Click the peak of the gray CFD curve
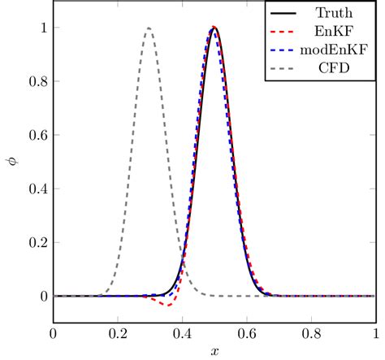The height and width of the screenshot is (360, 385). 149,29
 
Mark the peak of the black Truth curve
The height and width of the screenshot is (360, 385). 214,28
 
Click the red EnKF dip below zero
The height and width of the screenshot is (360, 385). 167,304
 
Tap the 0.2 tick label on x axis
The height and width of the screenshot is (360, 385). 117,333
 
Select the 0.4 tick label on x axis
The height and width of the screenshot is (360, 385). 182,333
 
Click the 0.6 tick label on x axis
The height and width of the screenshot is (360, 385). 246,333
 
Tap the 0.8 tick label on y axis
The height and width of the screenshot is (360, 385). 37,81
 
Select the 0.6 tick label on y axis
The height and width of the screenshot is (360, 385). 37,135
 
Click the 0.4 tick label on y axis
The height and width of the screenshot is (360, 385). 37,189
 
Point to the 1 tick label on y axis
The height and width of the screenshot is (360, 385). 41,28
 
